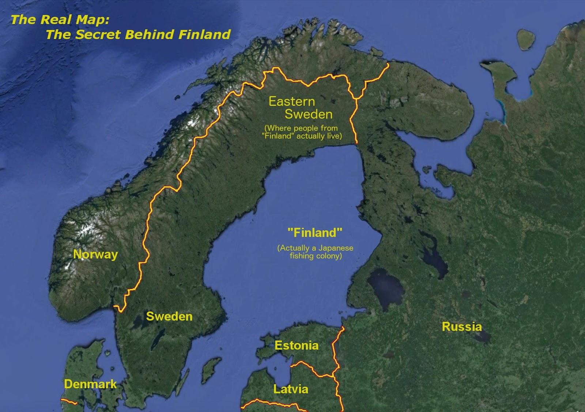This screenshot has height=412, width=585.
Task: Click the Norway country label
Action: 95,254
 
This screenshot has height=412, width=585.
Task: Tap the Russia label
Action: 462,326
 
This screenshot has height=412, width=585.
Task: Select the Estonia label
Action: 297,345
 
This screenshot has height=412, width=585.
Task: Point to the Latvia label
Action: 291,389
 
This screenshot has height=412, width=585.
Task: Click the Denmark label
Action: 90,384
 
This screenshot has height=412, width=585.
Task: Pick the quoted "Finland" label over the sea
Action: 315,232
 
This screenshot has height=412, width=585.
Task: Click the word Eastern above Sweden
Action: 291,101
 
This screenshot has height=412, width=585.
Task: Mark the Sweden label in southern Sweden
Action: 169,316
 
